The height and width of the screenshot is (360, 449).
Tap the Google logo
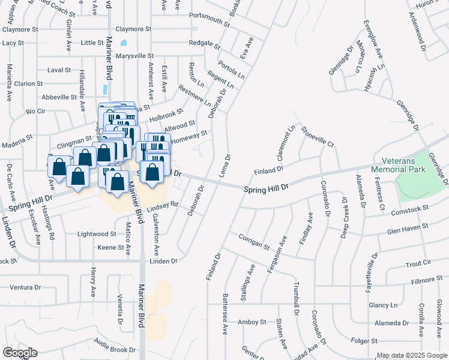(19, 352)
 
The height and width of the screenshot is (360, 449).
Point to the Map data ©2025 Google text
(411, 355)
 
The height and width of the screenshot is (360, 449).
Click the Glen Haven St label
(408, 227)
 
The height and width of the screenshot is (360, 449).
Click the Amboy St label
(251, 322)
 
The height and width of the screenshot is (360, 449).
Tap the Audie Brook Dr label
(115, 346)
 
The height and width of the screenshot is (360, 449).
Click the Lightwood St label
(97, 233)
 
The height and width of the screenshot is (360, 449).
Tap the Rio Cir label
(36, 111)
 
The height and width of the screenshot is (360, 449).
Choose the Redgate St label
(205, 44)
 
